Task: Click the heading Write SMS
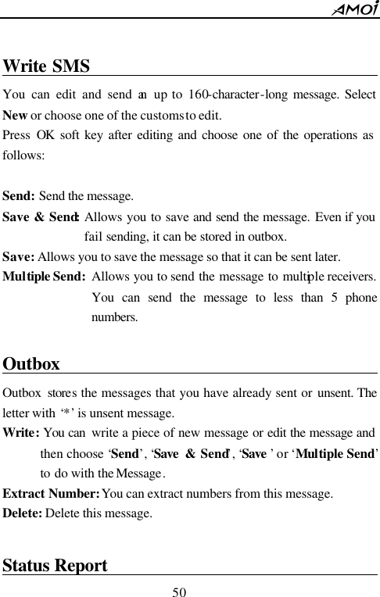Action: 47,66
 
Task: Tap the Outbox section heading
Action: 31,364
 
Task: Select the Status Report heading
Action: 56,565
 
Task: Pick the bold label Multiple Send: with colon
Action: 45,276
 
